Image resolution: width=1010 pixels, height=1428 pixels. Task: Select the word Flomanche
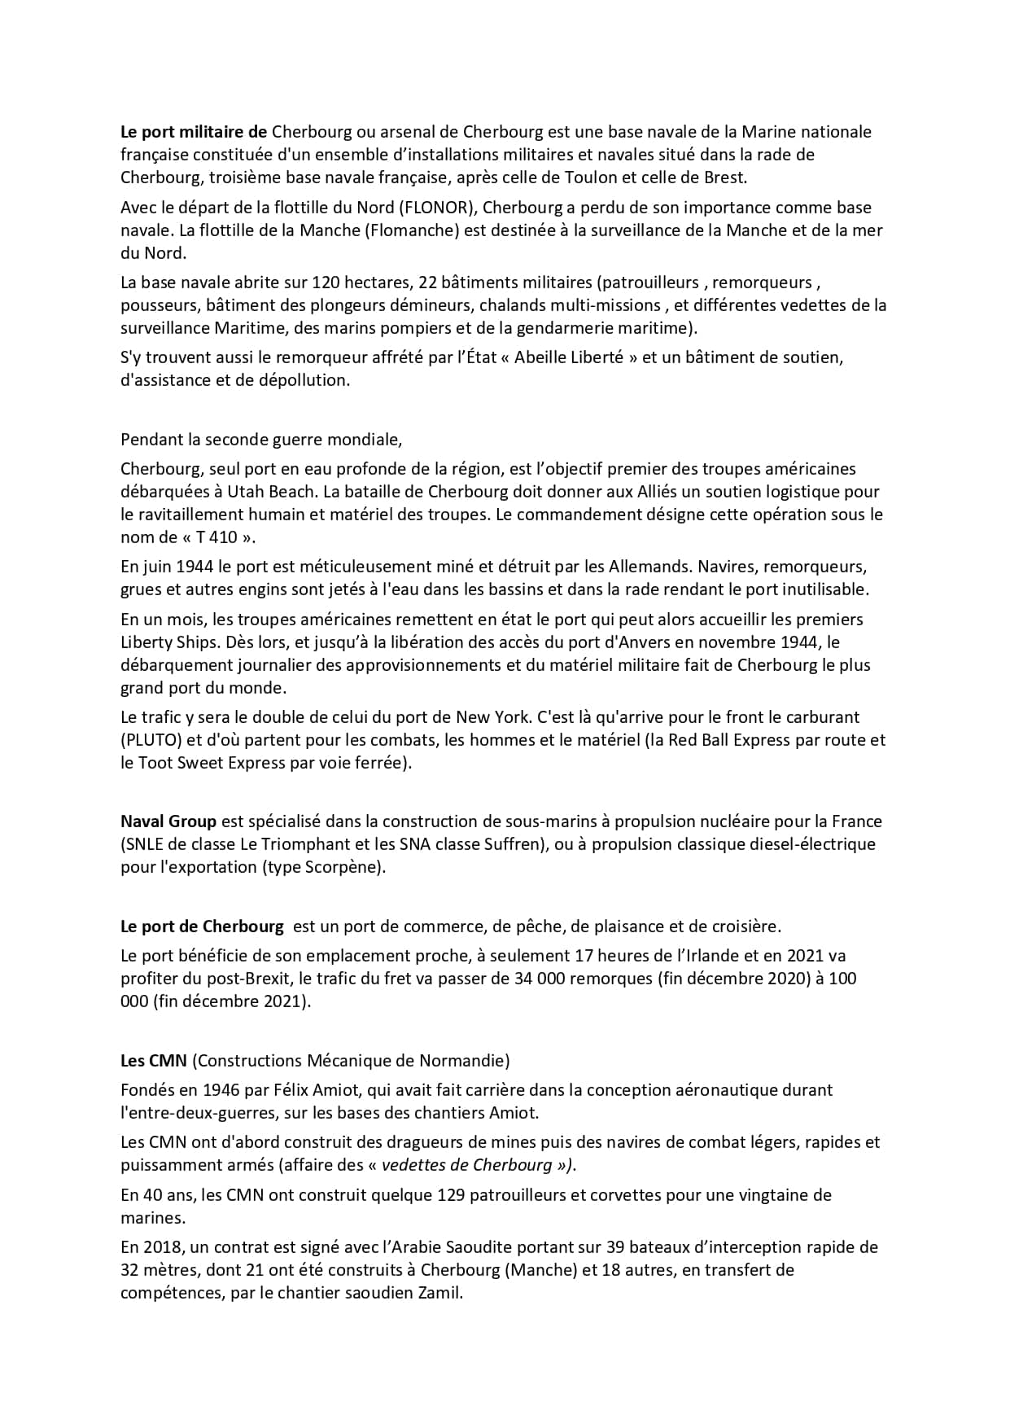coord(412,230)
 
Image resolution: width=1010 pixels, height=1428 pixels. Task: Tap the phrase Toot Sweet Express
coord(211,763)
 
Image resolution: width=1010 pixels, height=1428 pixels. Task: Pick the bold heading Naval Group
coord(168,821)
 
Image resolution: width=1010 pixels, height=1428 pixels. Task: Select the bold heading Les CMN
coord(154,1061)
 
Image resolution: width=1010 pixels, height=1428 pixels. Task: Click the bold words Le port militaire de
coord(194,132)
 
